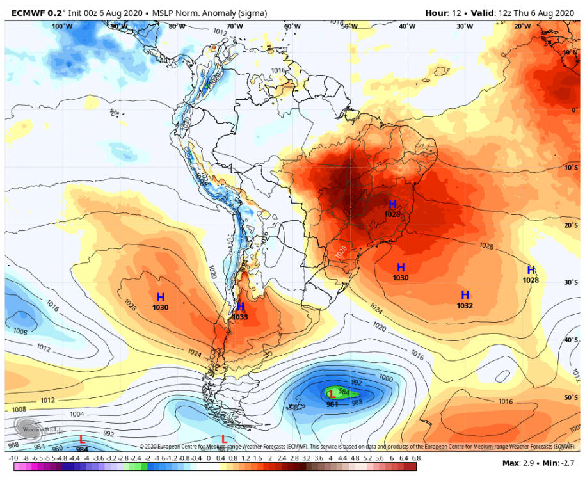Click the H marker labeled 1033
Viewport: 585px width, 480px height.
(x=241, y=307)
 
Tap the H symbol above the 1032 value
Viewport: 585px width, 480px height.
(x=465, y=294)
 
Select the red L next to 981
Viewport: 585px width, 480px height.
(x=332, y=394)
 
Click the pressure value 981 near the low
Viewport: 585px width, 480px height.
(x=332, y=404)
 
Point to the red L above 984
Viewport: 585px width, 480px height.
(x=82, y=439)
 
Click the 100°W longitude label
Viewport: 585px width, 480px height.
(x=62, y=26)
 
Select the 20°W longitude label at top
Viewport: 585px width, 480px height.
(x=522, y=26)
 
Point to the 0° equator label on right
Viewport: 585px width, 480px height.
(x=575, y=110)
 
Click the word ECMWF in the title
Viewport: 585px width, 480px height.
(x=23, y=13)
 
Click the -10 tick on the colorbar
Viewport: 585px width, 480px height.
(x=13, y=458)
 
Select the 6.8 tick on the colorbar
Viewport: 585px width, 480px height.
(x=415, y=458)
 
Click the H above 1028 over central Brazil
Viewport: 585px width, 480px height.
(x=393, y=204)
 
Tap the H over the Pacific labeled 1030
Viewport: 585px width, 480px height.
(x=161, y=297)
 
